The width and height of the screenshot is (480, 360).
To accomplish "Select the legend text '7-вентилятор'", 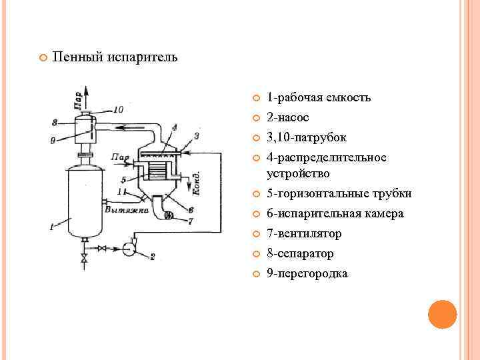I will tap(304, 233).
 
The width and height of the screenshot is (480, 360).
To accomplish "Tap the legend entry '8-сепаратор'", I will tap(300, 253).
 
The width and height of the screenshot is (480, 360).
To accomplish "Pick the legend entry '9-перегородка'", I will tap(307, 273).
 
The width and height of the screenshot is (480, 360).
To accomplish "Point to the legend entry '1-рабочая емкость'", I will tap(319, 97).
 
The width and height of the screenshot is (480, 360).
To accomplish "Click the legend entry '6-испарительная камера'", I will tap(335, 213).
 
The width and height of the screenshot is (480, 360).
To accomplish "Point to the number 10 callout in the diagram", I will tap(118, 109).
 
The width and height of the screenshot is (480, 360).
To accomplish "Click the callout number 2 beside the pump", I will tap(153, 257).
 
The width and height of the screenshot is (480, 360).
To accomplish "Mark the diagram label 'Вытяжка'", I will tap(123, 209).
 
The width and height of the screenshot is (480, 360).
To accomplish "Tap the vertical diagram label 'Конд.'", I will tap(195, 182).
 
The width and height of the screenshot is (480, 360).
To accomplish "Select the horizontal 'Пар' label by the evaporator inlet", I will tap(120, 158).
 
